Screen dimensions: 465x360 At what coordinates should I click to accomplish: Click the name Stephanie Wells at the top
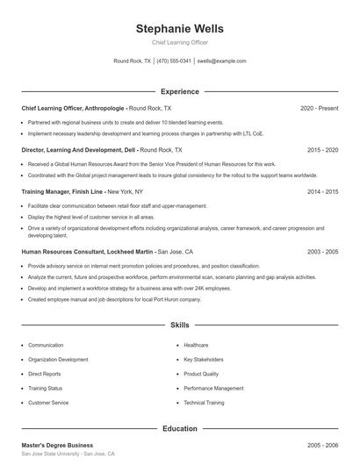(179, 28)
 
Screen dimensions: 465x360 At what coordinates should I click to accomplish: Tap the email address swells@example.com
(221, 61)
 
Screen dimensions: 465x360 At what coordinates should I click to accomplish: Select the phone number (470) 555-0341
(174, 61)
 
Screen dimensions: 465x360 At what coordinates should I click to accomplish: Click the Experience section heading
(179, 91)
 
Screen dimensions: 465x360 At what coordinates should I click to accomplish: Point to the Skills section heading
(179, 325)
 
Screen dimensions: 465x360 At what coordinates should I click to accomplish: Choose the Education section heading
(179, 429)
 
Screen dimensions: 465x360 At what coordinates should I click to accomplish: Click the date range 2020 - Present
(319, 108)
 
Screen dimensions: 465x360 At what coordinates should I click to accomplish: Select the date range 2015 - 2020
(322, 150)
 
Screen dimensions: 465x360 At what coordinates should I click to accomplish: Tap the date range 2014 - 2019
(322, 191)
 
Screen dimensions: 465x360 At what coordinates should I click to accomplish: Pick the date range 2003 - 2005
(322, 252)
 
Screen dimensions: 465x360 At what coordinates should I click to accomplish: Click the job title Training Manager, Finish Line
(63, 191)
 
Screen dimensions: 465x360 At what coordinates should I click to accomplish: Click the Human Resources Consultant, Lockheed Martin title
(87, 252)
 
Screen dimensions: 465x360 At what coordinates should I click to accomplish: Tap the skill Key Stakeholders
(204, 360)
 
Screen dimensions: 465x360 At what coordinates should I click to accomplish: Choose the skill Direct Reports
(46, 374)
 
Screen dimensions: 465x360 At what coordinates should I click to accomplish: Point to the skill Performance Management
(213, 388)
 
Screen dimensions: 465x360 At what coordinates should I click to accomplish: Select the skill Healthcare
(196, 346)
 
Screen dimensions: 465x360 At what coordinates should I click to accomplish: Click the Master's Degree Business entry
(57, 445)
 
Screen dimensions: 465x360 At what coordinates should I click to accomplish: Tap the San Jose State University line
(67, 454)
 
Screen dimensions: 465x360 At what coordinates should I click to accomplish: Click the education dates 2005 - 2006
(322, 445)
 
